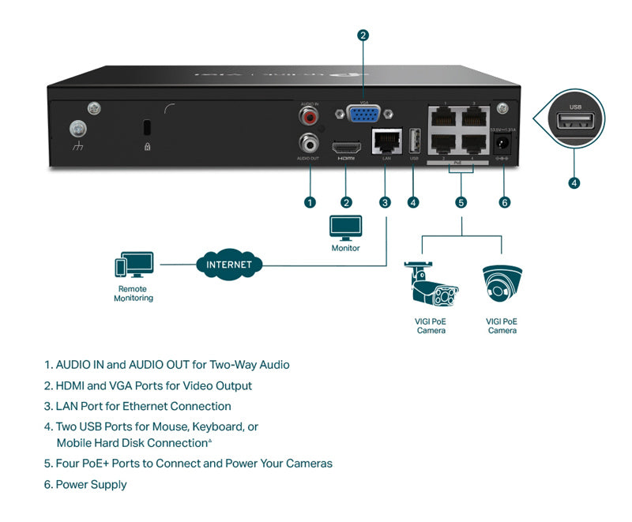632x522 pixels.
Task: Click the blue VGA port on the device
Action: tap(363, 115)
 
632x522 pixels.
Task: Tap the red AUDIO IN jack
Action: tap(309, 118)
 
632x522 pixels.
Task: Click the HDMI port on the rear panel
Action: tap(347, 148)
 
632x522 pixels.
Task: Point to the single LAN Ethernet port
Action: tap(386, 142)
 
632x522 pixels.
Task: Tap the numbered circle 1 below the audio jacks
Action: tap(310, 202)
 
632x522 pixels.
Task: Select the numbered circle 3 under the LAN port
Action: tap(385, 202)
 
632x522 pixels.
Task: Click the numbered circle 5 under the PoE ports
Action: tap(461, 202)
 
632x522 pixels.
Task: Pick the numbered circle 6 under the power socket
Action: tap(506, 202)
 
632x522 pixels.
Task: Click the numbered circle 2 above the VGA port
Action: tap(363, 35)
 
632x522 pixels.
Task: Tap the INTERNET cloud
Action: tap(229, 265)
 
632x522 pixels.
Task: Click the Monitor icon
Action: tap(345, 227)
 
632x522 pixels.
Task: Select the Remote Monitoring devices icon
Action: tap(134, 267)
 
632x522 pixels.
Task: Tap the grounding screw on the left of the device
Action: tap(77, 129)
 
